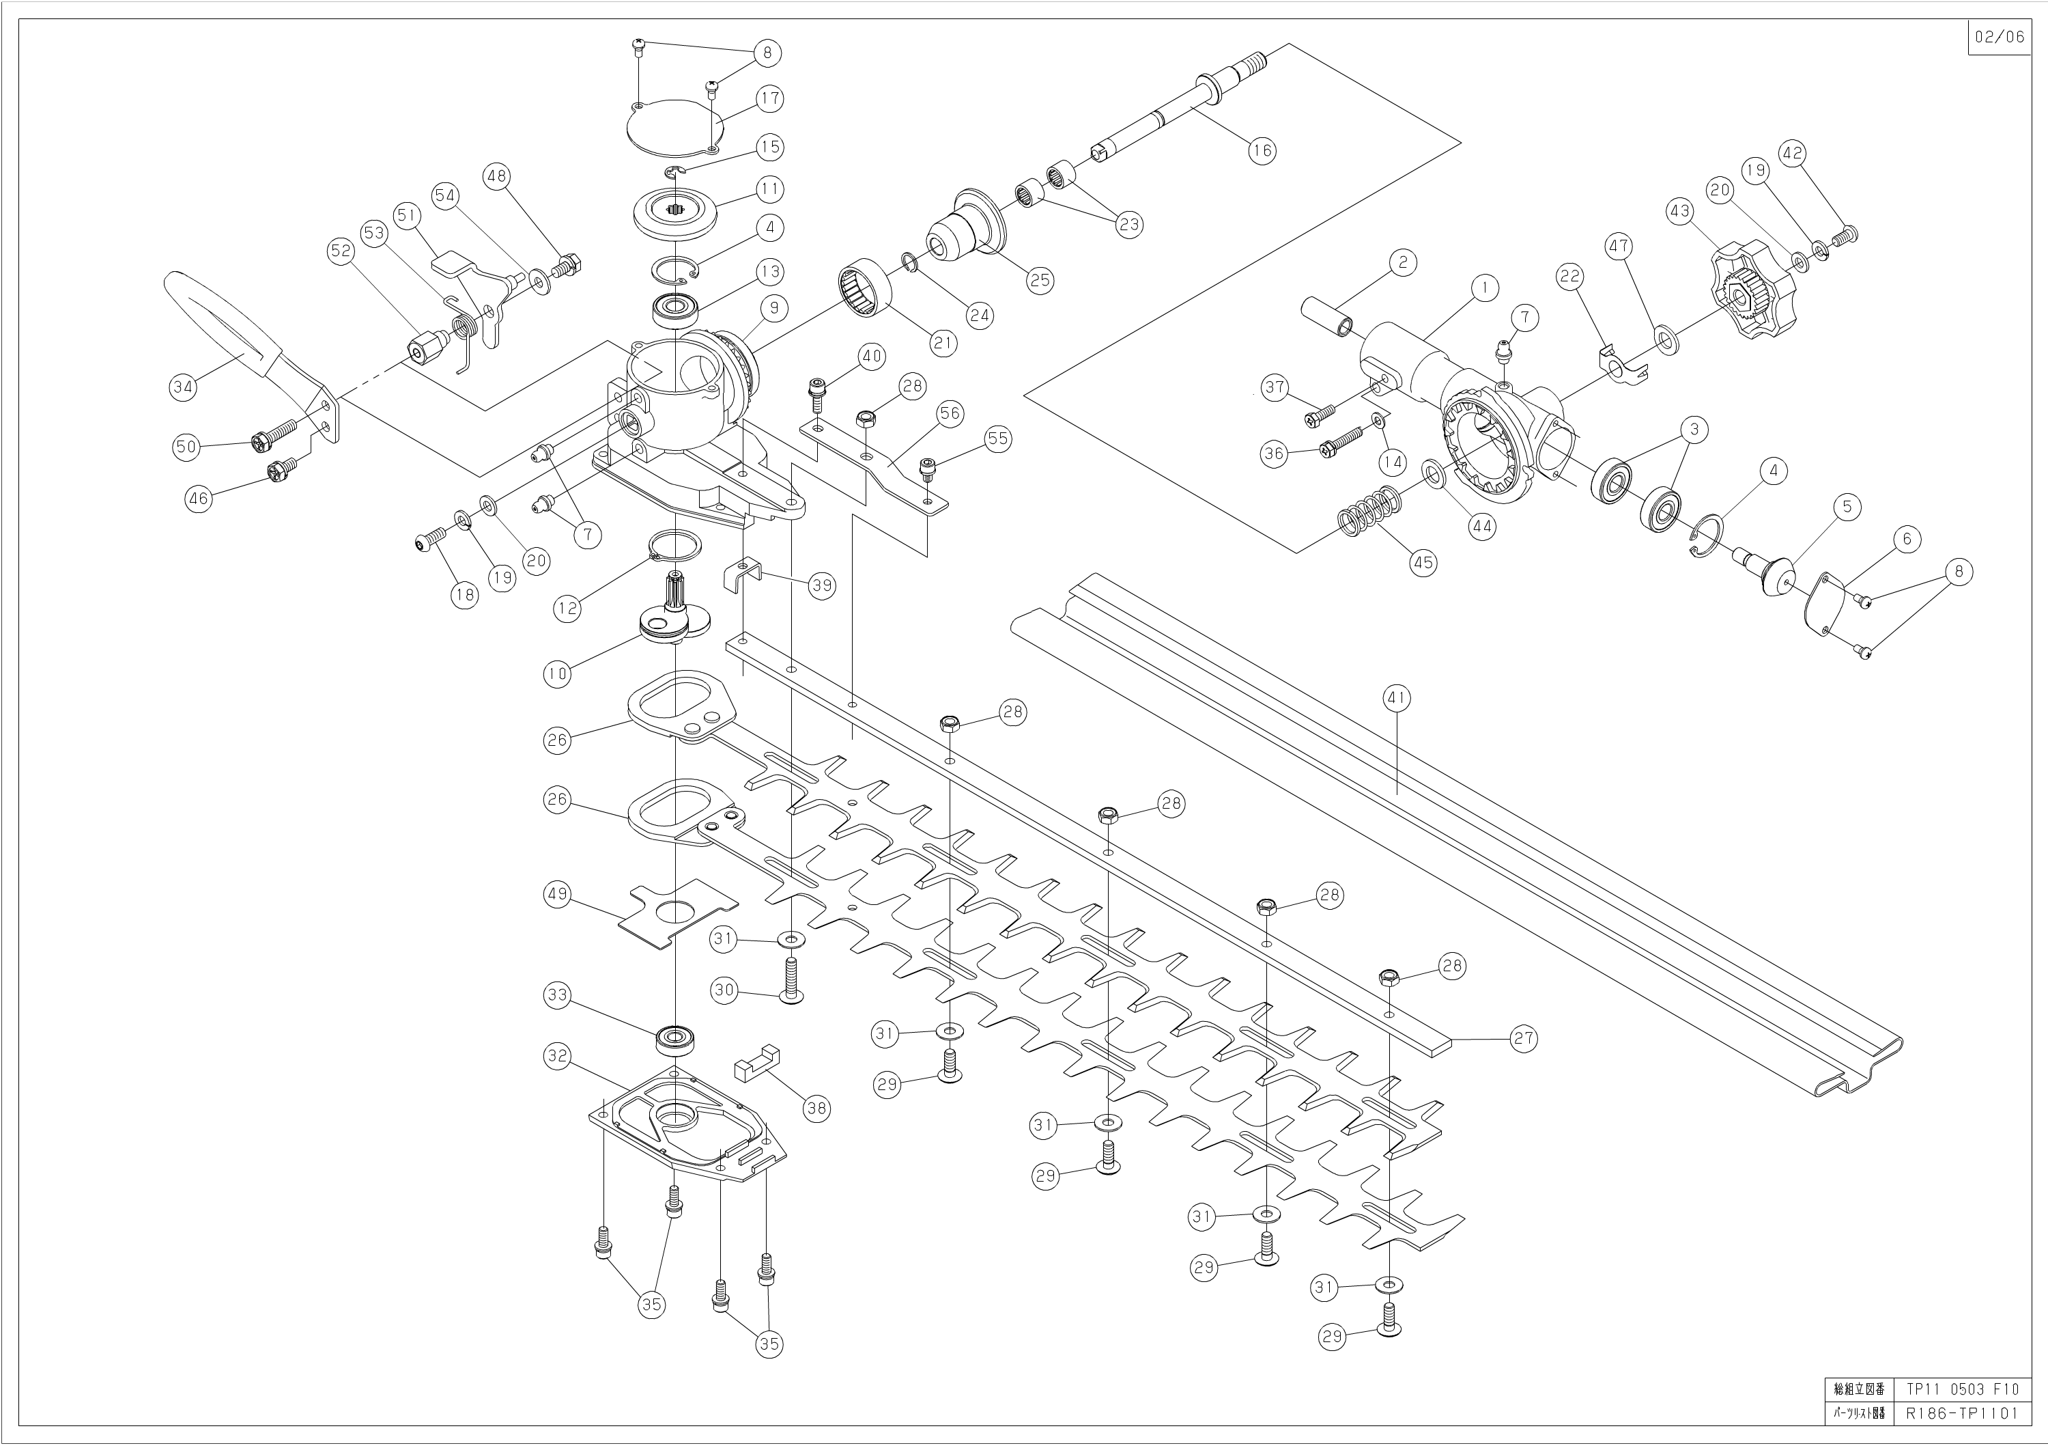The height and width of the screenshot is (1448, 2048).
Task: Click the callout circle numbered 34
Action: [x=183, y=387]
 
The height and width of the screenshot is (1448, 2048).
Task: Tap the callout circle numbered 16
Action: [x=1262, y=150]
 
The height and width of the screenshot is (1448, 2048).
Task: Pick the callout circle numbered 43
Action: [x=1679, y=212]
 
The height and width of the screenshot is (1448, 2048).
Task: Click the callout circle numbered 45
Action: [x=1423, y=562]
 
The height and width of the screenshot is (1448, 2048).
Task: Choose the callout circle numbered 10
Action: [x=558, y=673]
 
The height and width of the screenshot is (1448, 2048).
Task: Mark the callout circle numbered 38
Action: [x=816, y=1108]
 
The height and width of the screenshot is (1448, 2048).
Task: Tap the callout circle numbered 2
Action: [x=1402, y=262]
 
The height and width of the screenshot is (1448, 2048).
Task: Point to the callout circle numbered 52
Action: [x=341, y=251]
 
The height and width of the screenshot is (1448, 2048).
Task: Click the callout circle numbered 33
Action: [x=558, y=996]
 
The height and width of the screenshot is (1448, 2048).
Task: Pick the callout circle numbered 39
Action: [x=821, y=585]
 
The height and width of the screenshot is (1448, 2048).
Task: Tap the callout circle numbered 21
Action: [x=943, y=341]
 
